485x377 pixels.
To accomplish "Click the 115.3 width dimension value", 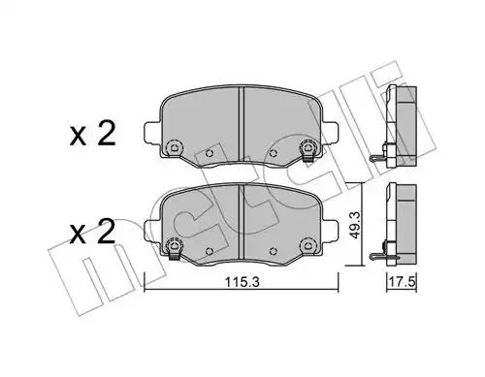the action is click(x=242, y=282).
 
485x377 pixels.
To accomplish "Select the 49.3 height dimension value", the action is click(x=354, y=225).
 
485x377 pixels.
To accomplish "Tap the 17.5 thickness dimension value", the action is click(x=402, y=282).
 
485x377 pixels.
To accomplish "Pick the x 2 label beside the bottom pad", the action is click(x=92, y=232).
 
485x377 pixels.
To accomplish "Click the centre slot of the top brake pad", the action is click(x=241, y=124).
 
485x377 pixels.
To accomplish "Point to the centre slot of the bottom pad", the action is click(x=241, y=222).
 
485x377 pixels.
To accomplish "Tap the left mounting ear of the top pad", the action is click(x=152, y=133).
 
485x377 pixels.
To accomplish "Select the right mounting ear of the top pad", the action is click(x=330, y=133).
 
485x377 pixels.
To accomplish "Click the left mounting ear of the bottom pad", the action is click(x=152, y=230).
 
